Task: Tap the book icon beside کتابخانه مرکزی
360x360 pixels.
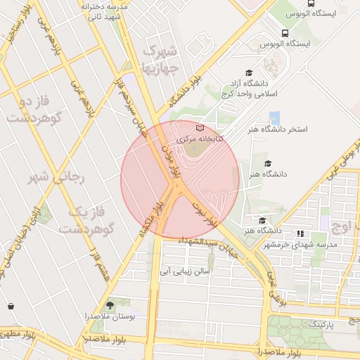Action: click(200, 128)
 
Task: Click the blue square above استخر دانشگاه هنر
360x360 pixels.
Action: click(275, 117)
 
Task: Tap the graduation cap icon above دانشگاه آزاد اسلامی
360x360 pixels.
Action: click(248, 72)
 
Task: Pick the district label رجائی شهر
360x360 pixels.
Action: click(56, 177)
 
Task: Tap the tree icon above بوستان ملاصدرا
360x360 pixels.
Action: click(109, 305)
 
